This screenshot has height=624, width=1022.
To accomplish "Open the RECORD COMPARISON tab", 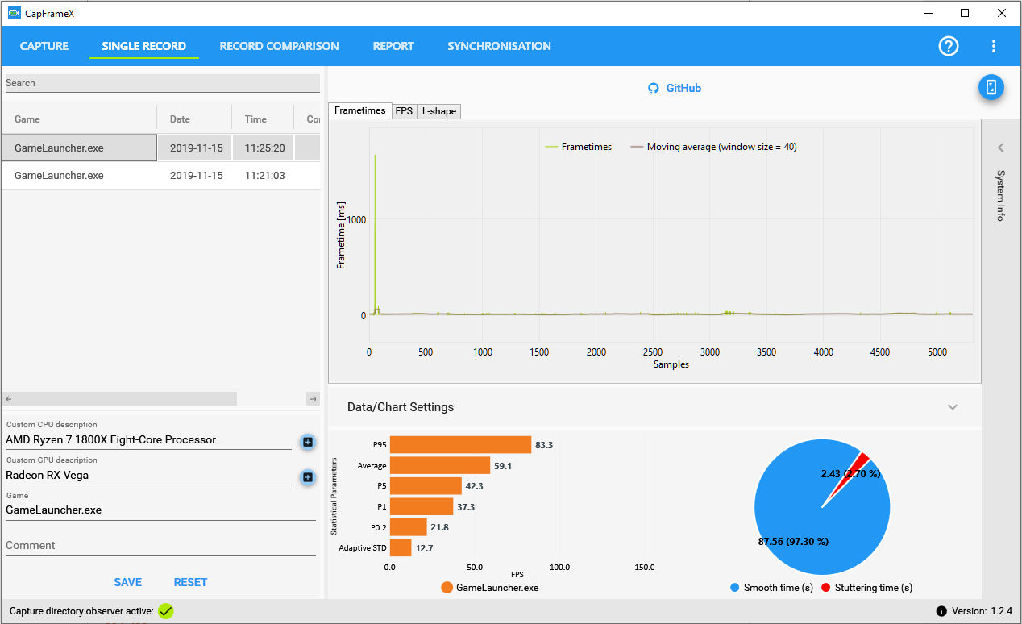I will pyautogui.click(x=279, y=46).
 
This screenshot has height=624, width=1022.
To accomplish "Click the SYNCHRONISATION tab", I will pyautogui.click(x=499, y=46).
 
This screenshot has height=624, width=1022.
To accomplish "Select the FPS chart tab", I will pyautogui.click(x=404, y=111).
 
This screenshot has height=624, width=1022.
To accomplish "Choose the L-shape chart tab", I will pyautogui.click(x=438, y=111).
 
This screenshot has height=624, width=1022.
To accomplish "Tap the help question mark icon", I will pyautogui.click(x=949, y=46).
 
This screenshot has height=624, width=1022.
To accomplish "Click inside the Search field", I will pyautogui.click(x=161, y=83).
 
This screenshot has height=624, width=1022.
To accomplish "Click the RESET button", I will pyautogui.click(x=190, y=582).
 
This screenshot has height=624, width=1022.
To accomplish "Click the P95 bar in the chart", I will pyautogui.click(x=460, y=445).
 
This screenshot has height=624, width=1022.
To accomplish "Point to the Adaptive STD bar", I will pyautogui.click(x=401, y=548).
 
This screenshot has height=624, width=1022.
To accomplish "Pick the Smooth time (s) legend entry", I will pyautogui.click(x=771, y=588).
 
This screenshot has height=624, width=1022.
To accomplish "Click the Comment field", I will pyautogui.click(x=160, y=546).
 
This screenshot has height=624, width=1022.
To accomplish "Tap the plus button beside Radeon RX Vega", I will pyautogui.click(x=307, y=477).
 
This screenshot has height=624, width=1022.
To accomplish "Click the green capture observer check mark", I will pyautogui.click(x=165, y=611).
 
